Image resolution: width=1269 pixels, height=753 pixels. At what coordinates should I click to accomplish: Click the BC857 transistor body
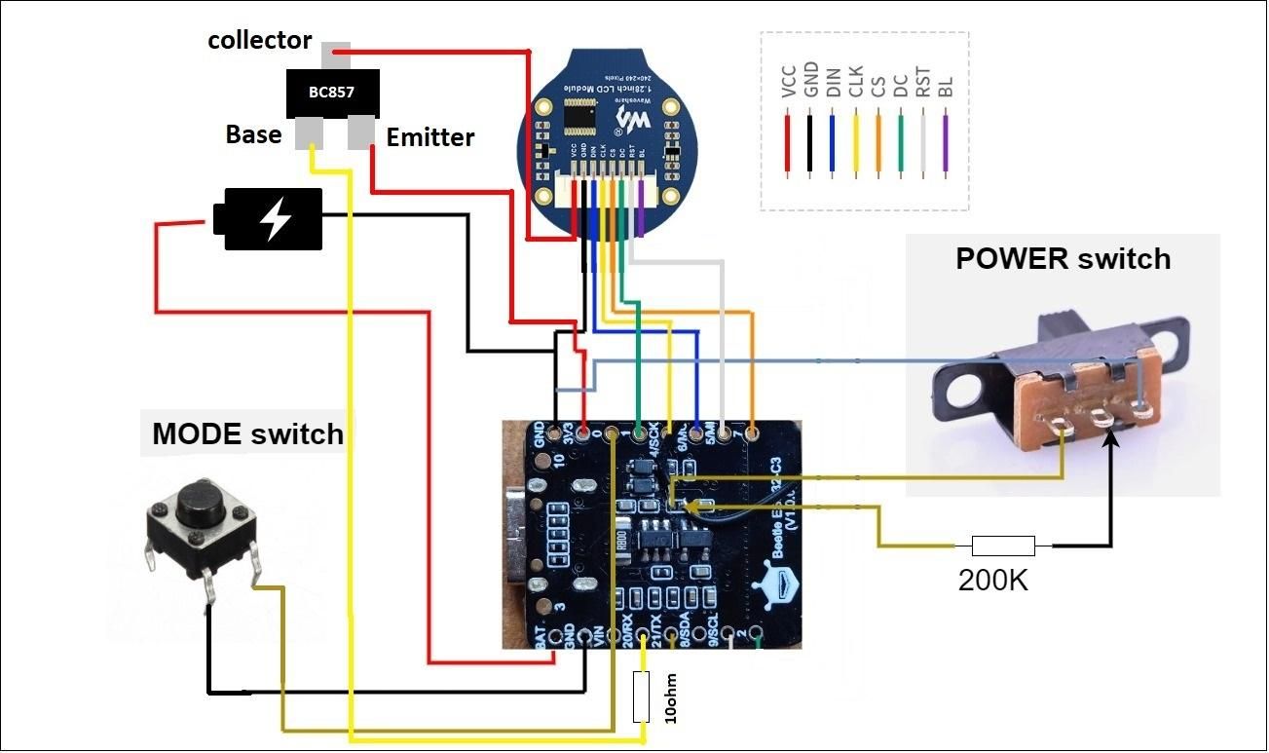pos(331,94)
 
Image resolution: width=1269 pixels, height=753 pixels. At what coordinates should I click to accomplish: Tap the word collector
pos(259,40)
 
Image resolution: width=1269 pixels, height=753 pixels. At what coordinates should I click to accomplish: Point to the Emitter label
pos(430,137)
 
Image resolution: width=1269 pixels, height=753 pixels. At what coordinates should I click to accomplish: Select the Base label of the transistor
pos(253,133)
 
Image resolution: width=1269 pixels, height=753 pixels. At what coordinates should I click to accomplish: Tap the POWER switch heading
pos(1063,259)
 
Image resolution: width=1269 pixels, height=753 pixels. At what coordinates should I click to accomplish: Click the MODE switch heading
pos(248,433)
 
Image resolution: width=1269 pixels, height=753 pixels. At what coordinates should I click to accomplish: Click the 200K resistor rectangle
pos(1003,546)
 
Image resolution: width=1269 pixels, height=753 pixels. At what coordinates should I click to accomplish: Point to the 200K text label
pos(992,581)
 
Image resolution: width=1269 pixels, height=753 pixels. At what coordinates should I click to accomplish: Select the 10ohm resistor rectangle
pos(641,696)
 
